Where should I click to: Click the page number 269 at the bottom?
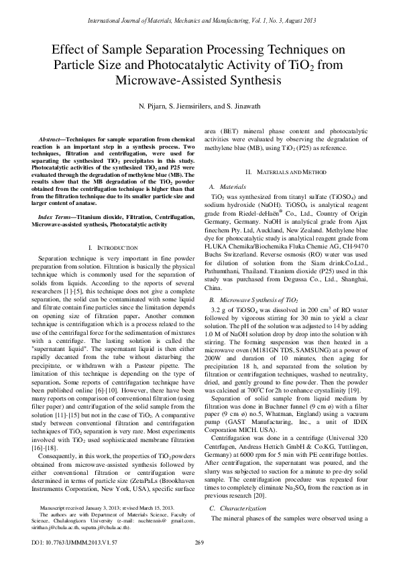(199, 543)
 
